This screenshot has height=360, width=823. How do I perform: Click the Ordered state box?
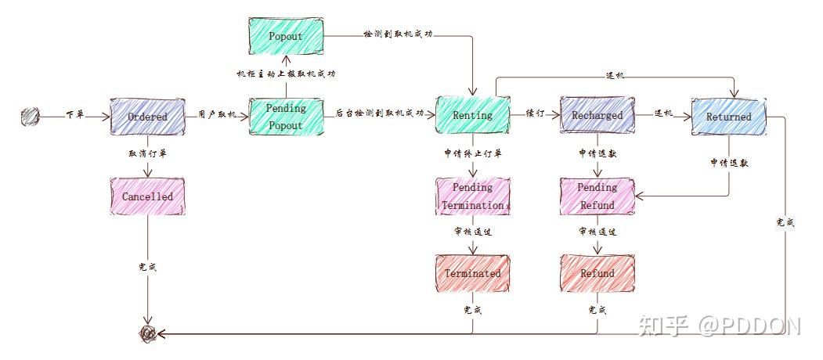coord(147,117)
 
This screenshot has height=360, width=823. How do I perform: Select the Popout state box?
coord(285,36)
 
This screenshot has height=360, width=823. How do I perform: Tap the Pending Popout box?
coord(286,117)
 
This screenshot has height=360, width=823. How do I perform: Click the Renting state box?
coord(472,115)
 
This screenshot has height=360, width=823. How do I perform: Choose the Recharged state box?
coord(597,115)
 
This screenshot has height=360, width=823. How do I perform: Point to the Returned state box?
coord(728,117)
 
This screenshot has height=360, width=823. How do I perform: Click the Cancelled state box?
coord(147,196)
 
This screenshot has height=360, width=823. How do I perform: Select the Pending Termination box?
coord(472,196)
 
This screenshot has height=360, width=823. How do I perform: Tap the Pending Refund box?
coord(597,196)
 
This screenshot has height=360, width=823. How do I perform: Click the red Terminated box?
coord(472,273)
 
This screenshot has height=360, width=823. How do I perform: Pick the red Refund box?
coord(597,273)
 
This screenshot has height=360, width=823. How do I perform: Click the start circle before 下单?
coord(30,117)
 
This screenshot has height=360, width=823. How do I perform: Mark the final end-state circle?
coord(147,334)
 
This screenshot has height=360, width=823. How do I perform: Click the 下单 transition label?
coord(74,114)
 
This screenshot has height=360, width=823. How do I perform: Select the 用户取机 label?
coord(217,114)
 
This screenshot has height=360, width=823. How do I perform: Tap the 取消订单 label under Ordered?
coord(147,153)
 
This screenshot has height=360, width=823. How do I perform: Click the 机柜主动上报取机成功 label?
coord(286,74)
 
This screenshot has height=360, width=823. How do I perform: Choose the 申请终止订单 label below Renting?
coord(472,153)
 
